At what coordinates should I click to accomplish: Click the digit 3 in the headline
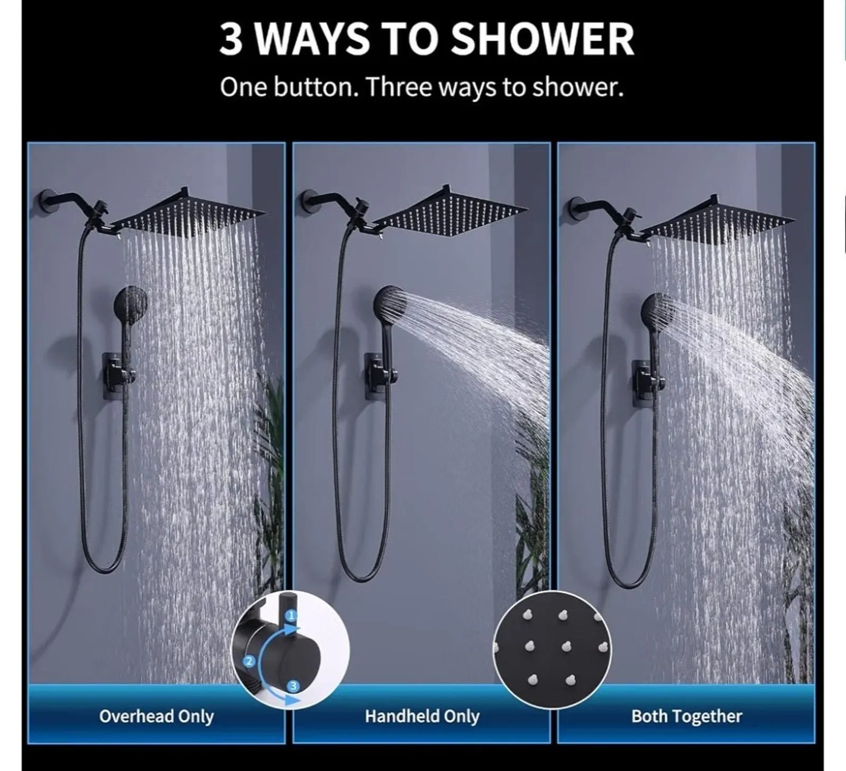231,40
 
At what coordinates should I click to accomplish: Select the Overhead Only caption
157,716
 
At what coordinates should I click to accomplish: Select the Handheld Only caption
422,716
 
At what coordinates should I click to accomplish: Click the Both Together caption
686,716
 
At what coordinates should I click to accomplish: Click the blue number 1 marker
291,615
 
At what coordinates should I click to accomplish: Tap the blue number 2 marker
249,660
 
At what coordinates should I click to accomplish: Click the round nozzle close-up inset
552,650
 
